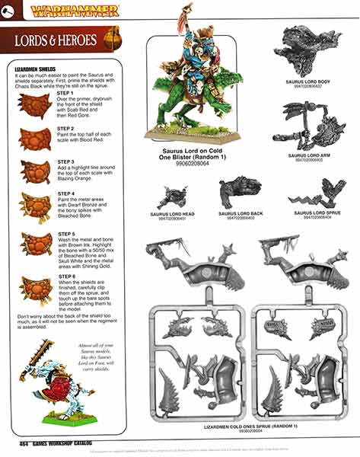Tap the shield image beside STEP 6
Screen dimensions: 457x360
pos(35,289)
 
